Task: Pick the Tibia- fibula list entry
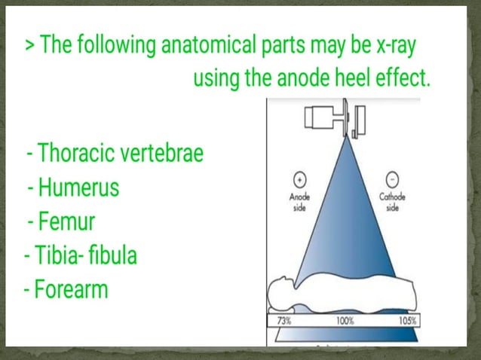click(x=80, y=255)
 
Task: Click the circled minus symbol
click(x=391, y=181)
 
